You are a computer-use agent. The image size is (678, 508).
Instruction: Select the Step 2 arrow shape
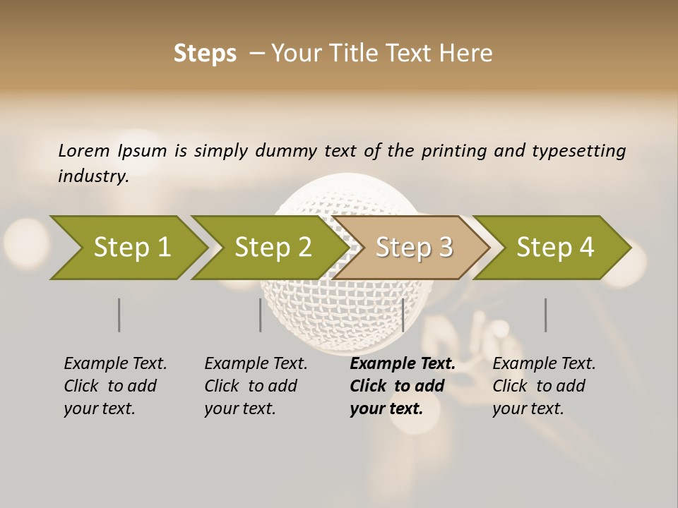point(273,248)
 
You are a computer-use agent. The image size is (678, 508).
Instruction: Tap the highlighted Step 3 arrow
point(414,248)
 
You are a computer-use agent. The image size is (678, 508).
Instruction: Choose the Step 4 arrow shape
point(555,248)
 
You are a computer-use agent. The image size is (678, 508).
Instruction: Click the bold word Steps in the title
point(205,54)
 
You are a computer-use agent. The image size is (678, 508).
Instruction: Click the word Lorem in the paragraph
point(84,150)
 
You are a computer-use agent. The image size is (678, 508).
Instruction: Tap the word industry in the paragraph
point(93,176)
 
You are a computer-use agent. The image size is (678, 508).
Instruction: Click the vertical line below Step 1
point(119,315)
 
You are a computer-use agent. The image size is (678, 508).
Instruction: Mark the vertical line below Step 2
point(261,315)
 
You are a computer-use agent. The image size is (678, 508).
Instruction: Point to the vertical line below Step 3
point(403,315)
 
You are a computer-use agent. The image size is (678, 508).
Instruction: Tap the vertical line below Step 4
point(546,315)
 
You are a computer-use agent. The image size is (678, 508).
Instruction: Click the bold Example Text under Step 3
point(403,364)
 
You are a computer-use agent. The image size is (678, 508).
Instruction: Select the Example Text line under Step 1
point(115,364)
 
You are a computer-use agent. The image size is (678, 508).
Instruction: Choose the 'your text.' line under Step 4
point(528,409)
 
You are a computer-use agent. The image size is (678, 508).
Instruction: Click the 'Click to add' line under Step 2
point(251,386)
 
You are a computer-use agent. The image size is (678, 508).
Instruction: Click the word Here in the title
point(466,54)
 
